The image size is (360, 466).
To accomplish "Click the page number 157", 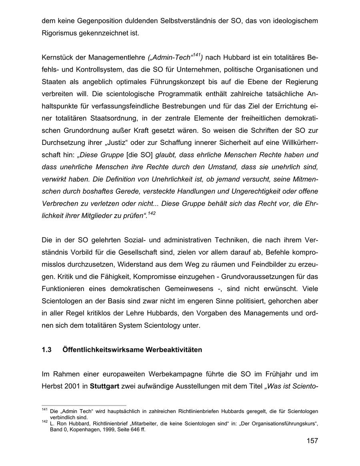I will pos(312,441).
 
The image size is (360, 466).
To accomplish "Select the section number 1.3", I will pos(47,350).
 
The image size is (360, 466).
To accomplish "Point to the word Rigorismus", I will pos(60,32).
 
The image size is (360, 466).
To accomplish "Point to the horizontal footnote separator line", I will pos(84,405).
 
